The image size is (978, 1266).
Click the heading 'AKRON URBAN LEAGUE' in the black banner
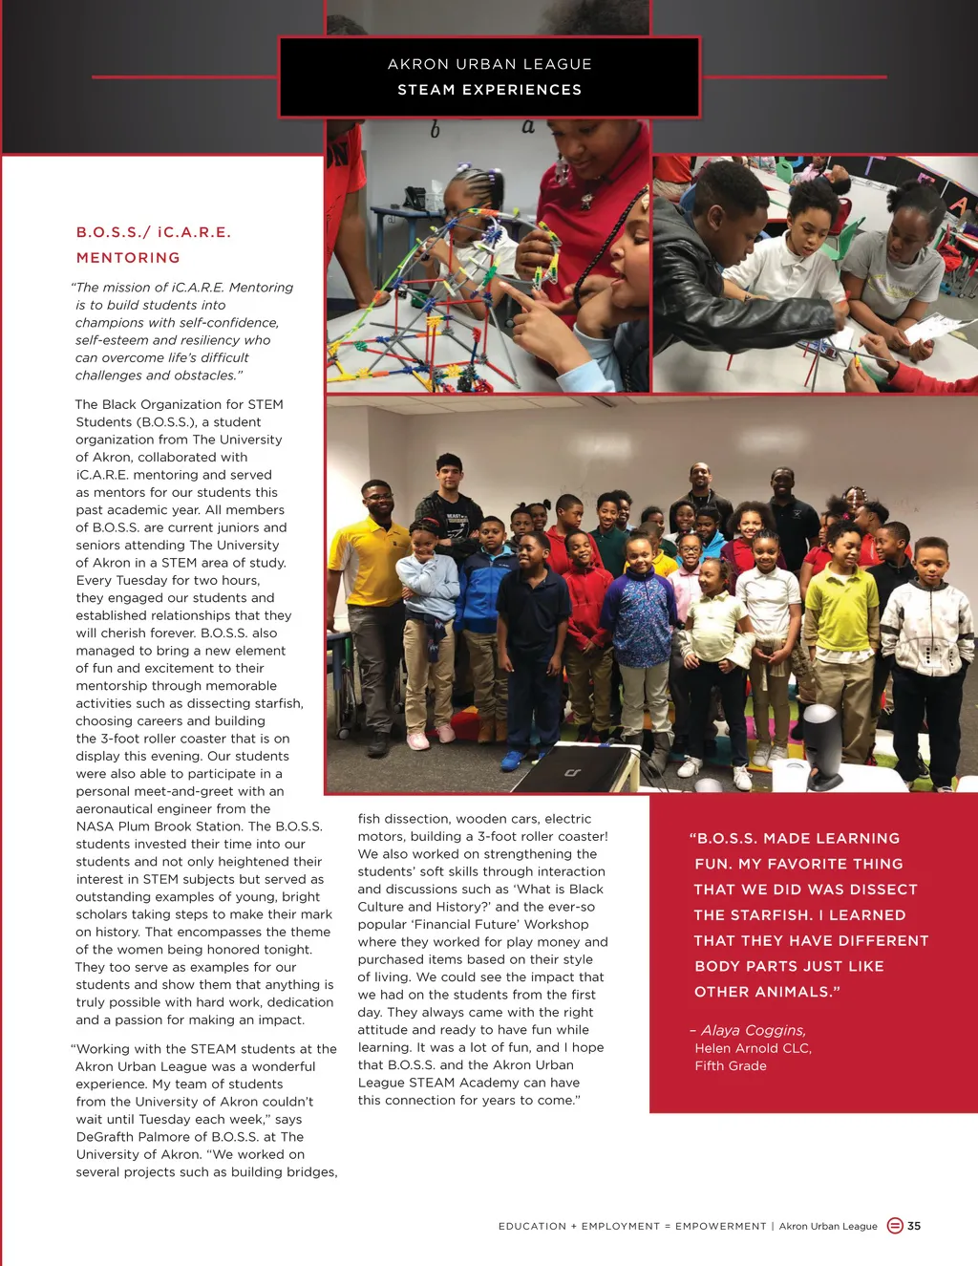coord(489,64)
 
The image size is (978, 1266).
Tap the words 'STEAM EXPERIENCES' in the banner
coord(489,90)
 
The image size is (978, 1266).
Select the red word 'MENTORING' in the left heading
coord(128,258)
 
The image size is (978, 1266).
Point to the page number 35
coord(914,1226)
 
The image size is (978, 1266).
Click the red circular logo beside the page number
coord(895,1226)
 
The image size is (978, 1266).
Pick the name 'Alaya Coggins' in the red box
coord(754,1030)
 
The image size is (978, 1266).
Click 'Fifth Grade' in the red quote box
coord(731,1066)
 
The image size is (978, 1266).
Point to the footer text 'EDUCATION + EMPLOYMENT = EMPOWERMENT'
coord(631,1227)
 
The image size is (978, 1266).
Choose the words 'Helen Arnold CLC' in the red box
coord(753,1048)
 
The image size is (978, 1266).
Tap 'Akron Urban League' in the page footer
coord(828,1227)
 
